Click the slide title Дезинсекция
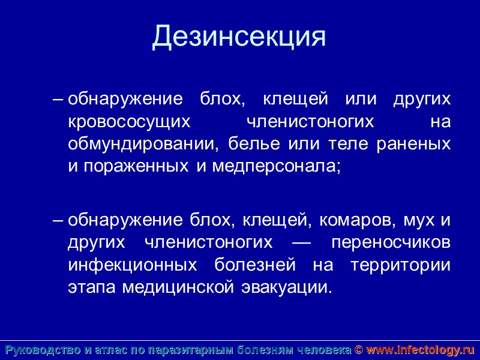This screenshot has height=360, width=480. pyautogui.click(x=239, y=37)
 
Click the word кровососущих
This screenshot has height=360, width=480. pyautogui.click(x=129, y=121)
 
